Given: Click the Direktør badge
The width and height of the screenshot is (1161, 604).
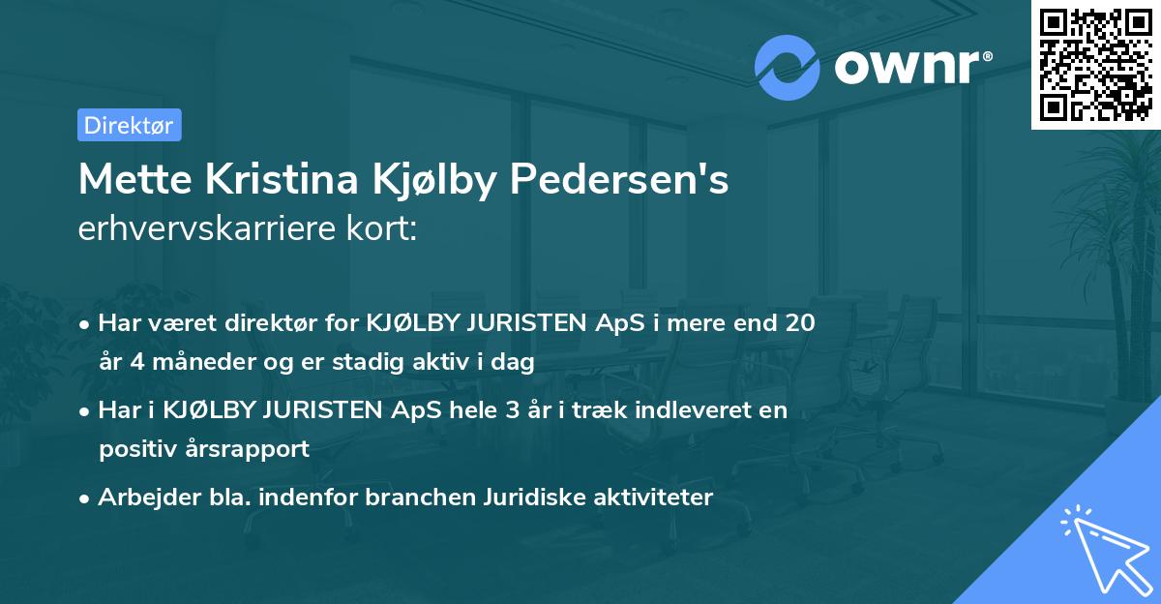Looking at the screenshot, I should (x=129, y=125).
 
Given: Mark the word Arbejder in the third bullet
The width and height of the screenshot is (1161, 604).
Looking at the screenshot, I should (x=141, y=498).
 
